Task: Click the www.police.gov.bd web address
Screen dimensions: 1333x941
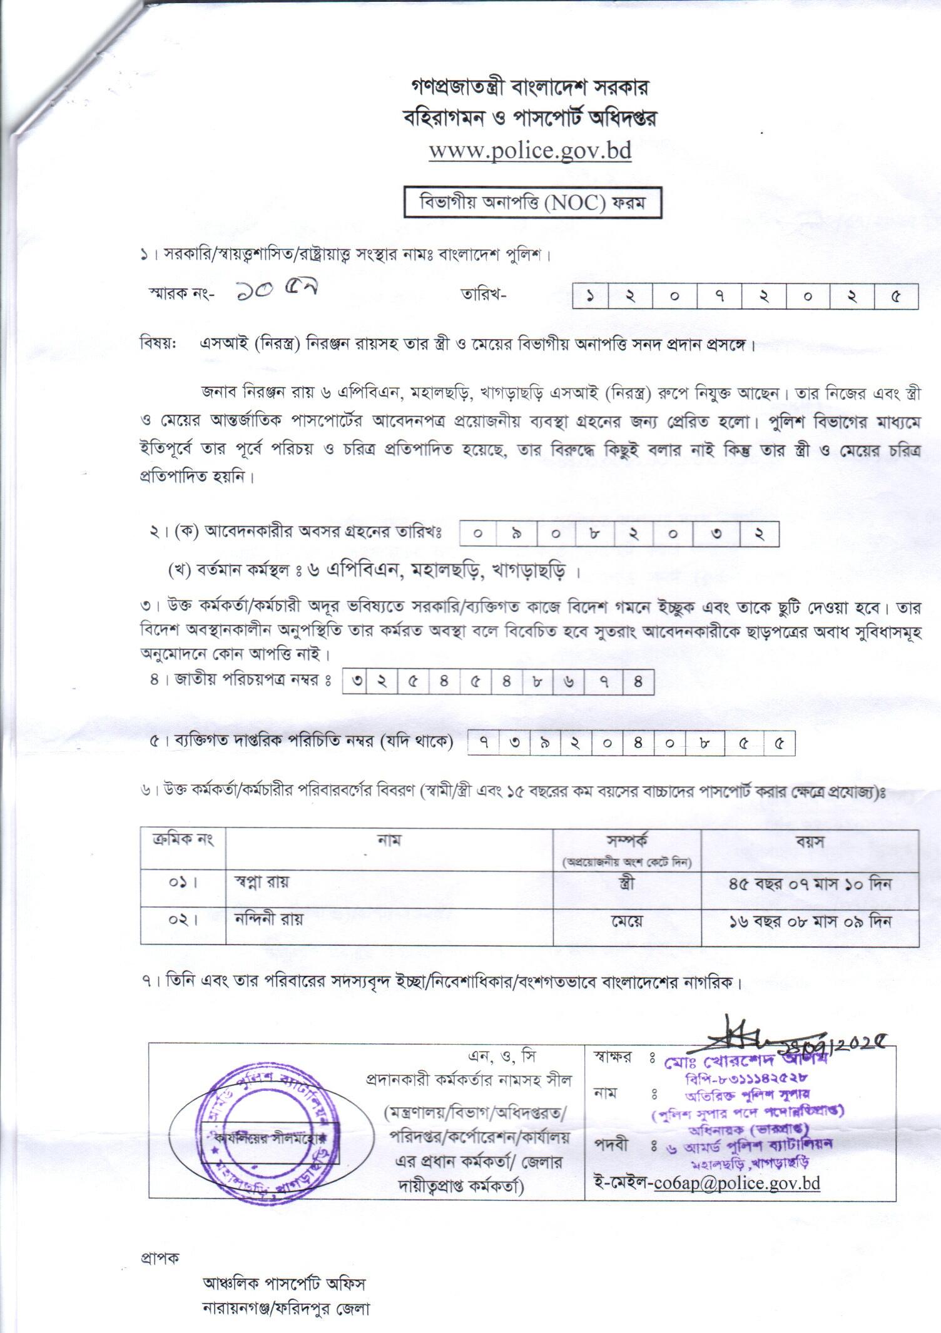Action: (x=529, y=151)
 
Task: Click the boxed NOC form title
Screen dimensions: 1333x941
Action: (x=532, y=203)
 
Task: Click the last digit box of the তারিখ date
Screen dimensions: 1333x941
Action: (x=895, y=297)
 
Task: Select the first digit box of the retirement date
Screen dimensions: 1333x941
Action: (x=479, y=534)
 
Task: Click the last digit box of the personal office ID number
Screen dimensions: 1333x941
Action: (x=780, y=744)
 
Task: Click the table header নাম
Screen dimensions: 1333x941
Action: (x=389, y=840)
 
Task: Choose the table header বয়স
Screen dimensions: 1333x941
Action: (x=810, y=842)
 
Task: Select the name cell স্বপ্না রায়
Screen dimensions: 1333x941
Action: (x=258, y=883)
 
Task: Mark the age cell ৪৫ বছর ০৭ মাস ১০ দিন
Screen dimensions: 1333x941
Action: (x=810, y=884)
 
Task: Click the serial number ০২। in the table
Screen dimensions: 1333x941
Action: (x=183, y=921)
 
